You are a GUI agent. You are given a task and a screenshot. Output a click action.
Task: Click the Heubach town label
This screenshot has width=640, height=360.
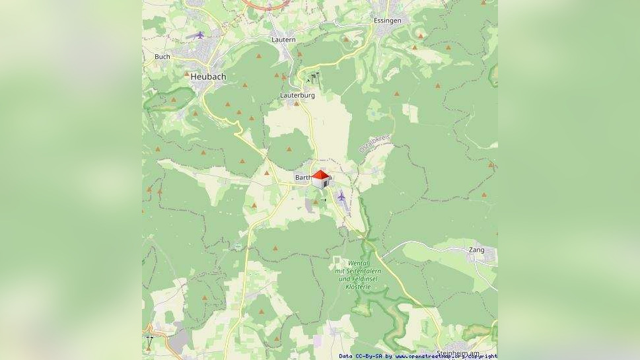[208, 77]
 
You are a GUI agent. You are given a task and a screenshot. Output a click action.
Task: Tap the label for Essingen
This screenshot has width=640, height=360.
[387, 20]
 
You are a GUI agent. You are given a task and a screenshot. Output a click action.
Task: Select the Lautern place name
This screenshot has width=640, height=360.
[283, 40]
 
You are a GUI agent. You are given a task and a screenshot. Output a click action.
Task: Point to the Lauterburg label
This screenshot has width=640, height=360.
[297, 95]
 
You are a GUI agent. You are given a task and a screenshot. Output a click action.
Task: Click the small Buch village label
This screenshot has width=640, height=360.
[162, 57]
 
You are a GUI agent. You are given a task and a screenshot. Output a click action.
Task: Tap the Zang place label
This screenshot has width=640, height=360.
[476, 250]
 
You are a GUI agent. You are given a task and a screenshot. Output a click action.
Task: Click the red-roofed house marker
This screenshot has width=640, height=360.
[320, 179]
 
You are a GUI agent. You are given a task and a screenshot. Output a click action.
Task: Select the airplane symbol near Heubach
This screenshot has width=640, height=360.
[199, 34]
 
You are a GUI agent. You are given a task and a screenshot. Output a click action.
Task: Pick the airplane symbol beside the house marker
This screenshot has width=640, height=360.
[341, 196]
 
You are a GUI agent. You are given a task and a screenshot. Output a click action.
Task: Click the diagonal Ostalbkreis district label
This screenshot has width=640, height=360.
[374, 143]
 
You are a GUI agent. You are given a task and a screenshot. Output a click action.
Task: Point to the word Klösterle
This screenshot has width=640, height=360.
[357, 287]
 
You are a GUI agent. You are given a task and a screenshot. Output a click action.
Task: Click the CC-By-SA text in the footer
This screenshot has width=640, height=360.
[369, 357]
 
